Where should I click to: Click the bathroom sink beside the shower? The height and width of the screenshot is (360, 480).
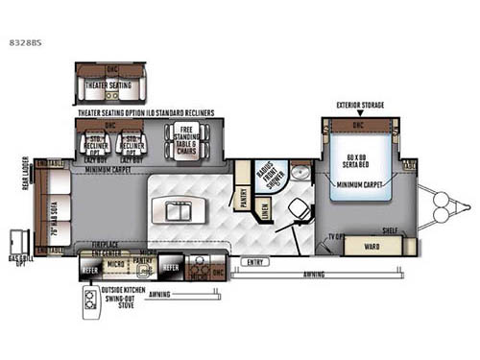(x=300, y=173)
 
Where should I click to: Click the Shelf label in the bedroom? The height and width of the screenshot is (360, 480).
(x=389, y=230)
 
